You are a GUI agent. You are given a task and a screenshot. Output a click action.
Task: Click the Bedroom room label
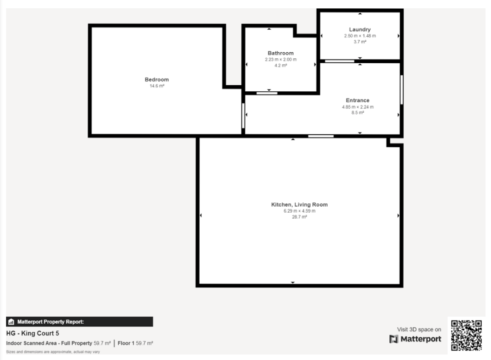click(x=157, y=80)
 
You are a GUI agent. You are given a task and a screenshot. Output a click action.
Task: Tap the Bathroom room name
click(x=280, y=53)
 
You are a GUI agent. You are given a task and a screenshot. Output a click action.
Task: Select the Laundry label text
click(x=360, y=30)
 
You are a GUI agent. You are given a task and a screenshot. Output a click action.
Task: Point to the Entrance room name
click(x=357, y=100)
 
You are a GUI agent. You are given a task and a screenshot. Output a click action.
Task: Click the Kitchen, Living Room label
click(x=299, y=204)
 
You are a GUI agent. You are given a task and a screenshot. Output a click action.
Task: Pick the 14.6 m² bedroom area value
click(x=157, y=86)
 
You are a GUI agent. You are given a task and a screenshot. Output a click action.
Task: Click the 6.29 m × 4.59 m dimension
click(x=299, y=211)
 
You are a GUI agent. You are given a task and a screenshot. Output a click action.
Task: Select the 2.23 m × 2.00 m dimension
click(x=280, y=59)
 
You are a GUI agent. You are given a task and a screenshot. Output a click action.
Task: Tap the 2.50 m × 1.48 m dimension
click(x=360, y=36)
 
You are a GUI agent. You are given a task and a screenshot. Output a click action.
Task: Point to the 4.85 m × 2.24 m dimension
click(x=357, y=107)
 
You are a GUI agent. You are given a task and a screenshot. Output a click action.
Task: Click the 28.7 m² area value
click(x=299, y=217)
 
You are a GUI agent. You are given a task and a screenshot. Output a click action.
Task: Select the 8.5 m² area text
click(x=357, y=113)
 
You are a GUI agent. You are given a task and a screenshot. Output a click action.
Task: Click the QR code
click(x=466, y=335)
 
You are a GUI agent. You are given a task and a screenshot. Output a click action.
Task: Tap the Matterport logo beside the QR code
click(x=415, y=339)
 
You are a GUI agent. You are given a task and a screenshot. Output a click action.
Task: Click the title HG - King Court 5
click(x=32, y=333)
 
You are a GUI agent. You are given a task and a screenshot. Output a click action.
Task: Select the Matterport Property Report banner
click(x=79, y=322)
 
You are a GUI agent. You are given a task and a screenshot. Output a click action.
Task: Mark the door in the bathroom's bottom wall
click(x=267, y=93)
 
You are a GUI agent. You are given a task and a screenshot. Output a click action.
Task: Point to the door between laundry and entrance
click(x=339, y=61)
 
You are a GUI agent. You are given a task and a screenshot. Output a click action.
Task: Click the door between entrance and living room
click(x=321, y=136)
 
